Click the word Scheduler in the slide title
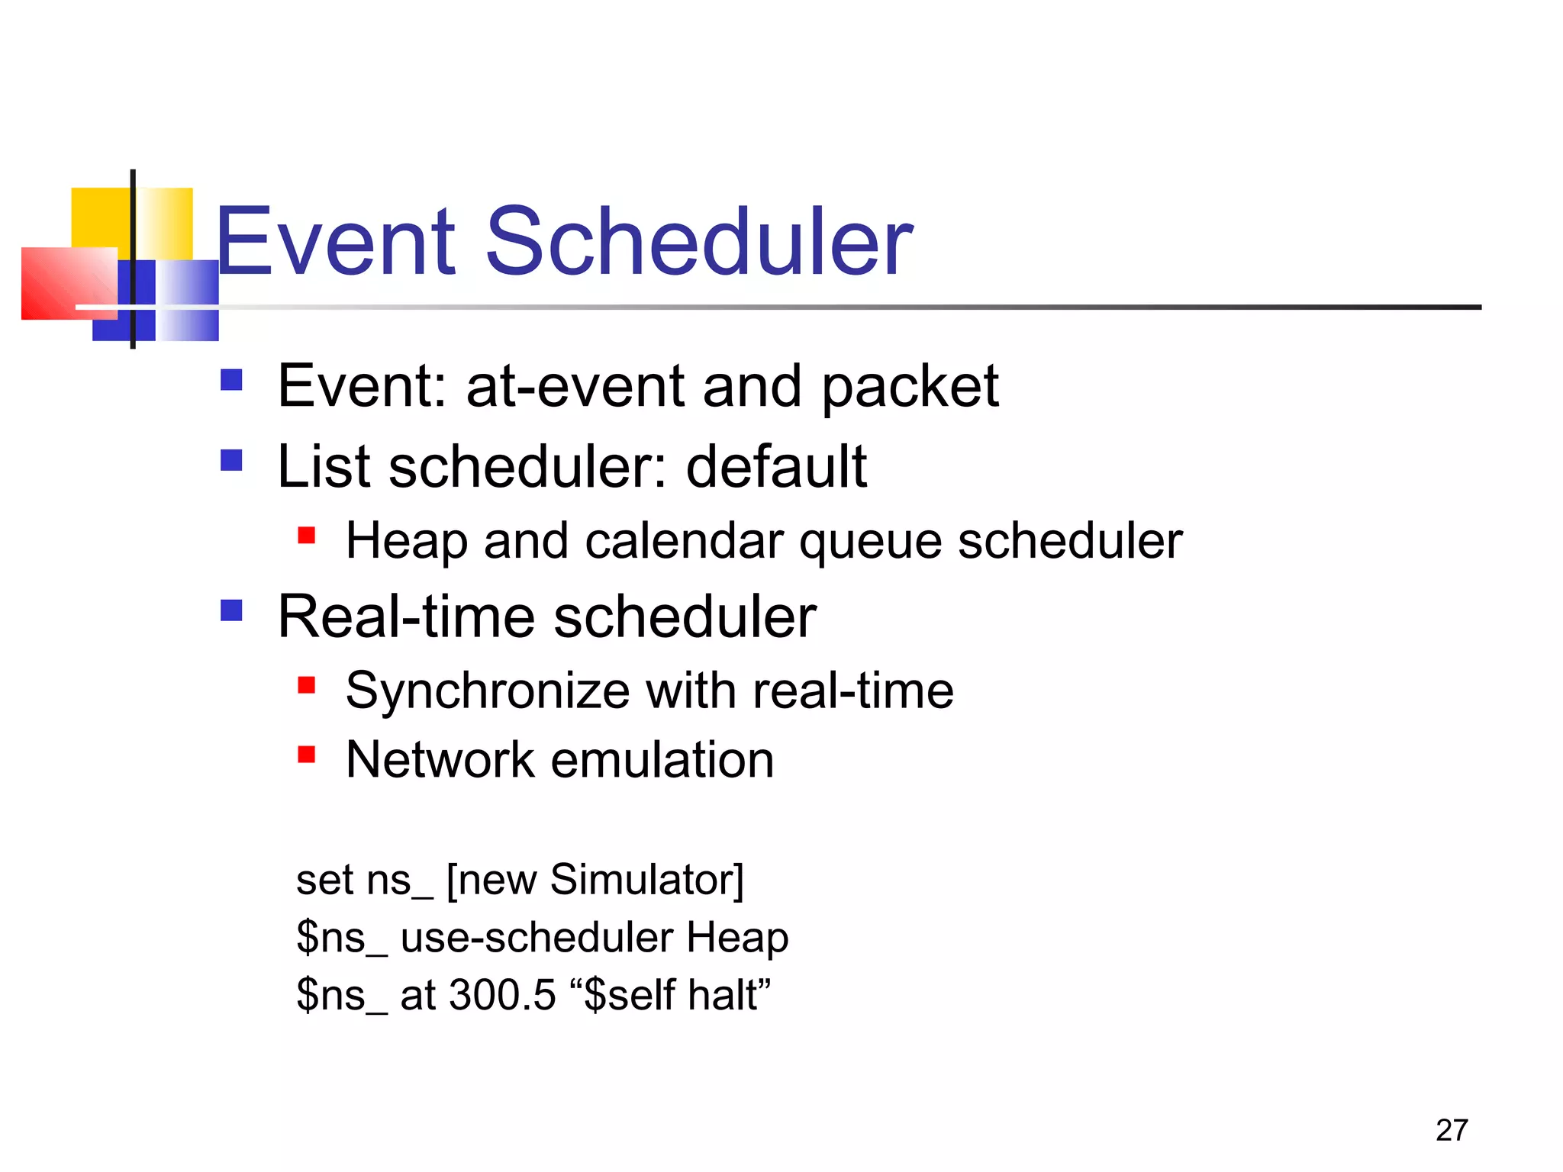pyautogui.click(x=698, y=243)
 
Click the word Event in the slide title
pyautogui.click(x=336, y=243)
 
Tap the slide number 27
pyautogui.click(x=1451, y=1130)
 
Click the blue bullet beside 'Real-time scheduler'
pyautogui.click(x=231, y=610)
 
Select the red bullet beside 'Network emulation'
pyautogui.click(x=307, y=755)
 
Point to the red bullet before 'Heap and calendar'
pyautogui.click(x=307, y=535)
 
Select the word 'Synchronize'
pyautogui.click(x=488, y=691)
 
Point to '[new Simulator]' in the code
pyautogui.click(x=595, y=880)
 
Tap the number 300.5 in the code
pyautogui.click(x=502, y=995)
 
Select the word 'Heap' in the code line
pyautogui.click(x=737, y=938)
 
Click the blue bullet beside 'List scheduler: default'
pyautogui.click(x=231, y=460)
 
